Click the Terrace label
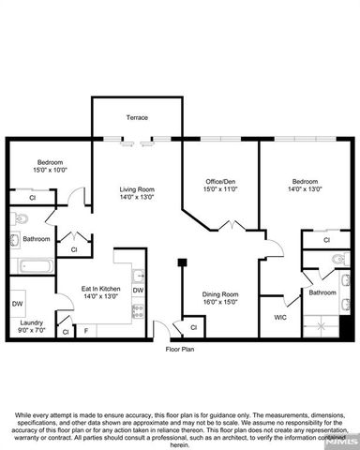click(x=138, y=117)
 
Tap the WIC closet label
click(x=278, y=318)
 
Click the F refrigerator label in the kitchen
click(x=87, y=331)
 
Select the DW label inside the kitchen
click(x=137, y=291)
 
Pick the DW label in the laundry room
click(x=18, y=304)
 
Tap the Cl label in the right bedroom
click(x=326, y=240)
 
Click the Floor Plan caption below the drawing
click(x=179, y=350)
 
